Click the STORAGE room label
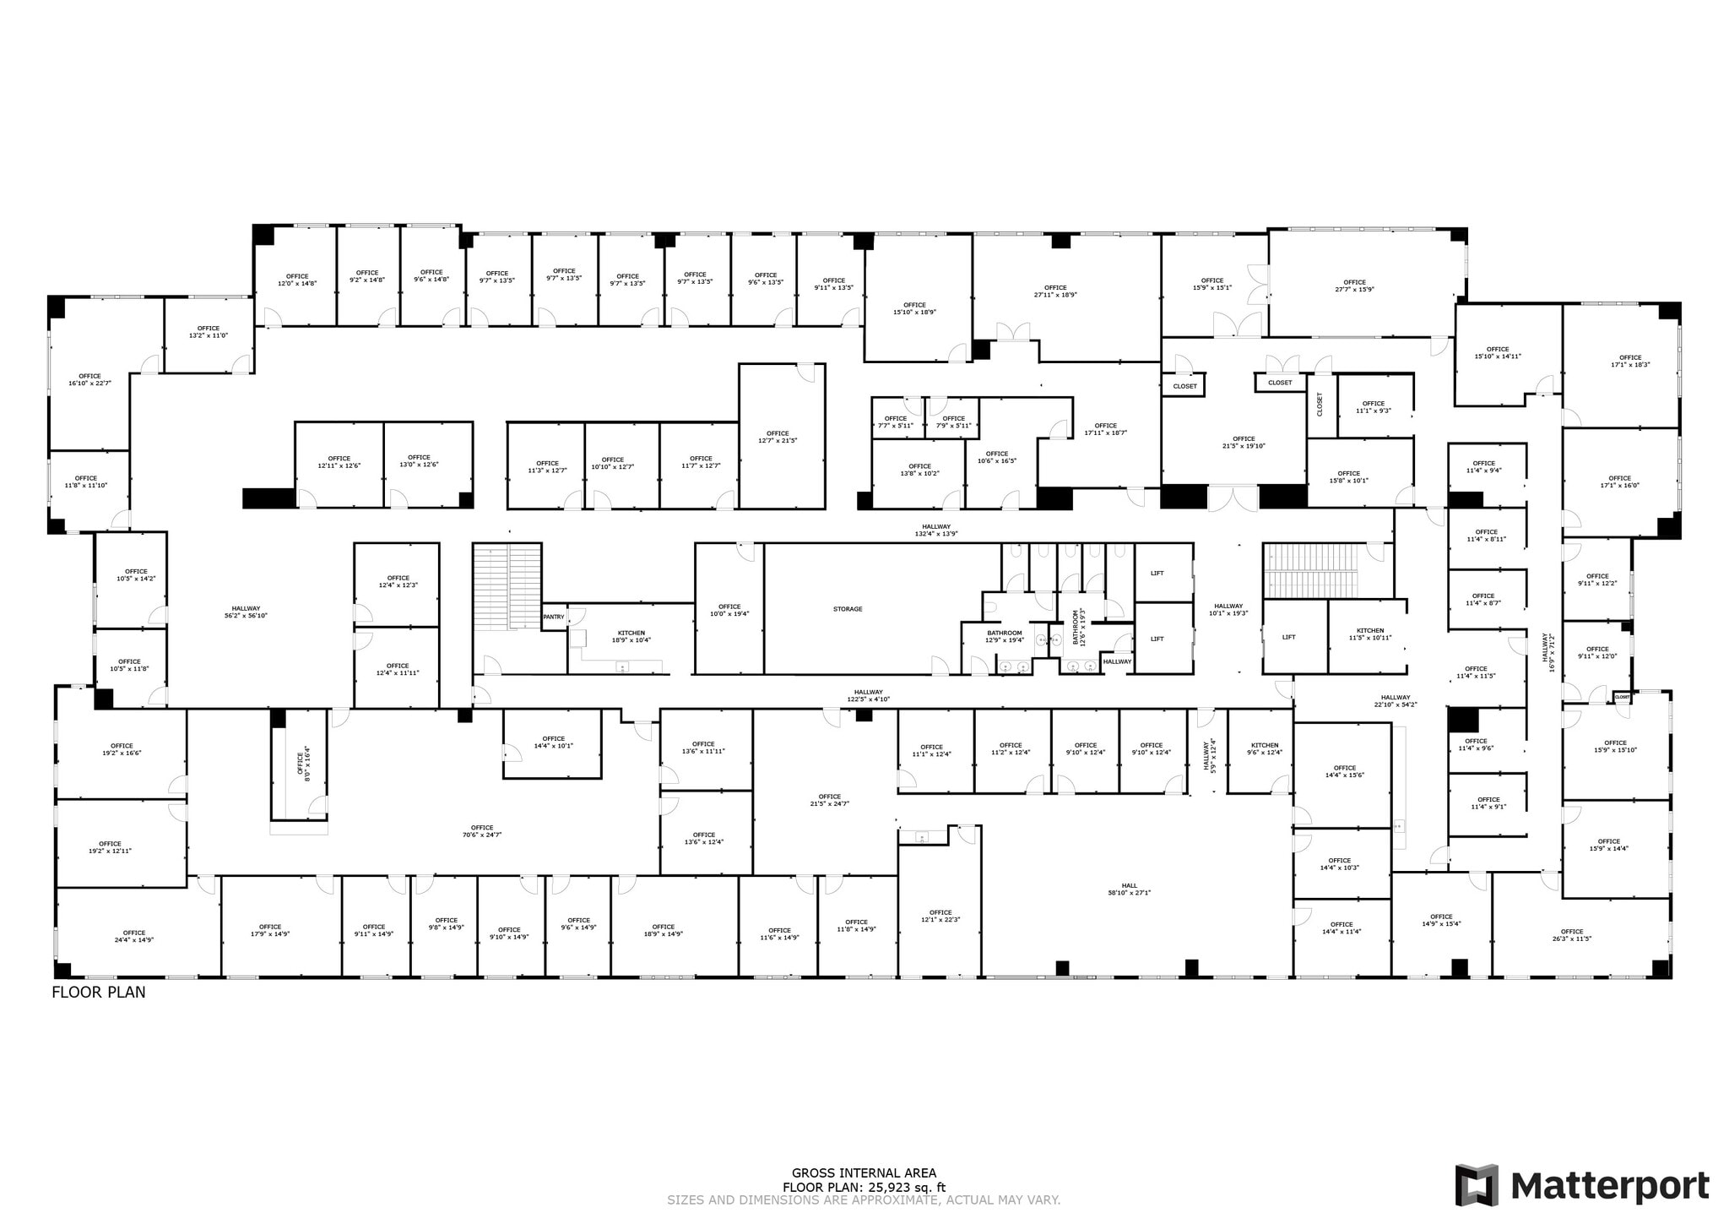pos(848,609)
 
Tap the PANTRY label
pos(554,617)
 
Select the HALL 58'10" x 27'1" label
pos(1129,889)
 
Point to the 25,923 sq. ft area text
pos(864,1187)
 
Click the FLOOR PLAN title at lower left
pos(99,993)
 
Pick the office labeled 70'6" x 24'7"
pos(482,831)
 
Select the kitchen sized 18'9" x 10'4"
pos(631,636)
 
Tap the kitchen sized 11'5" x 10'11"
pos(1369,634)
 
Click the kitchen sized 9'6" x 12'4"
pos(1265,748)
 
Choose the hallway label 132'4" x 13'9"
pos(936,530)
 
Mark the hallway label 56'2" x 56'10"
pos(246,612)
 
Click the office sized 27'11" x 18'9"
pos(1055,291)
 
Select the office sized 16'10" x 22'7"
pos(89,379)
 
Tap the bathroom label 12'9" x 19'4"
pos(1005,636)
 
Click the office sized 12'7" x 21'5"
pos(778,437)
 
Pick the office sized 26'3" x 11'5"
pos(1571,934)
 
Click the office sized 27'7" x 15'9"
pos(1354,286)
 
